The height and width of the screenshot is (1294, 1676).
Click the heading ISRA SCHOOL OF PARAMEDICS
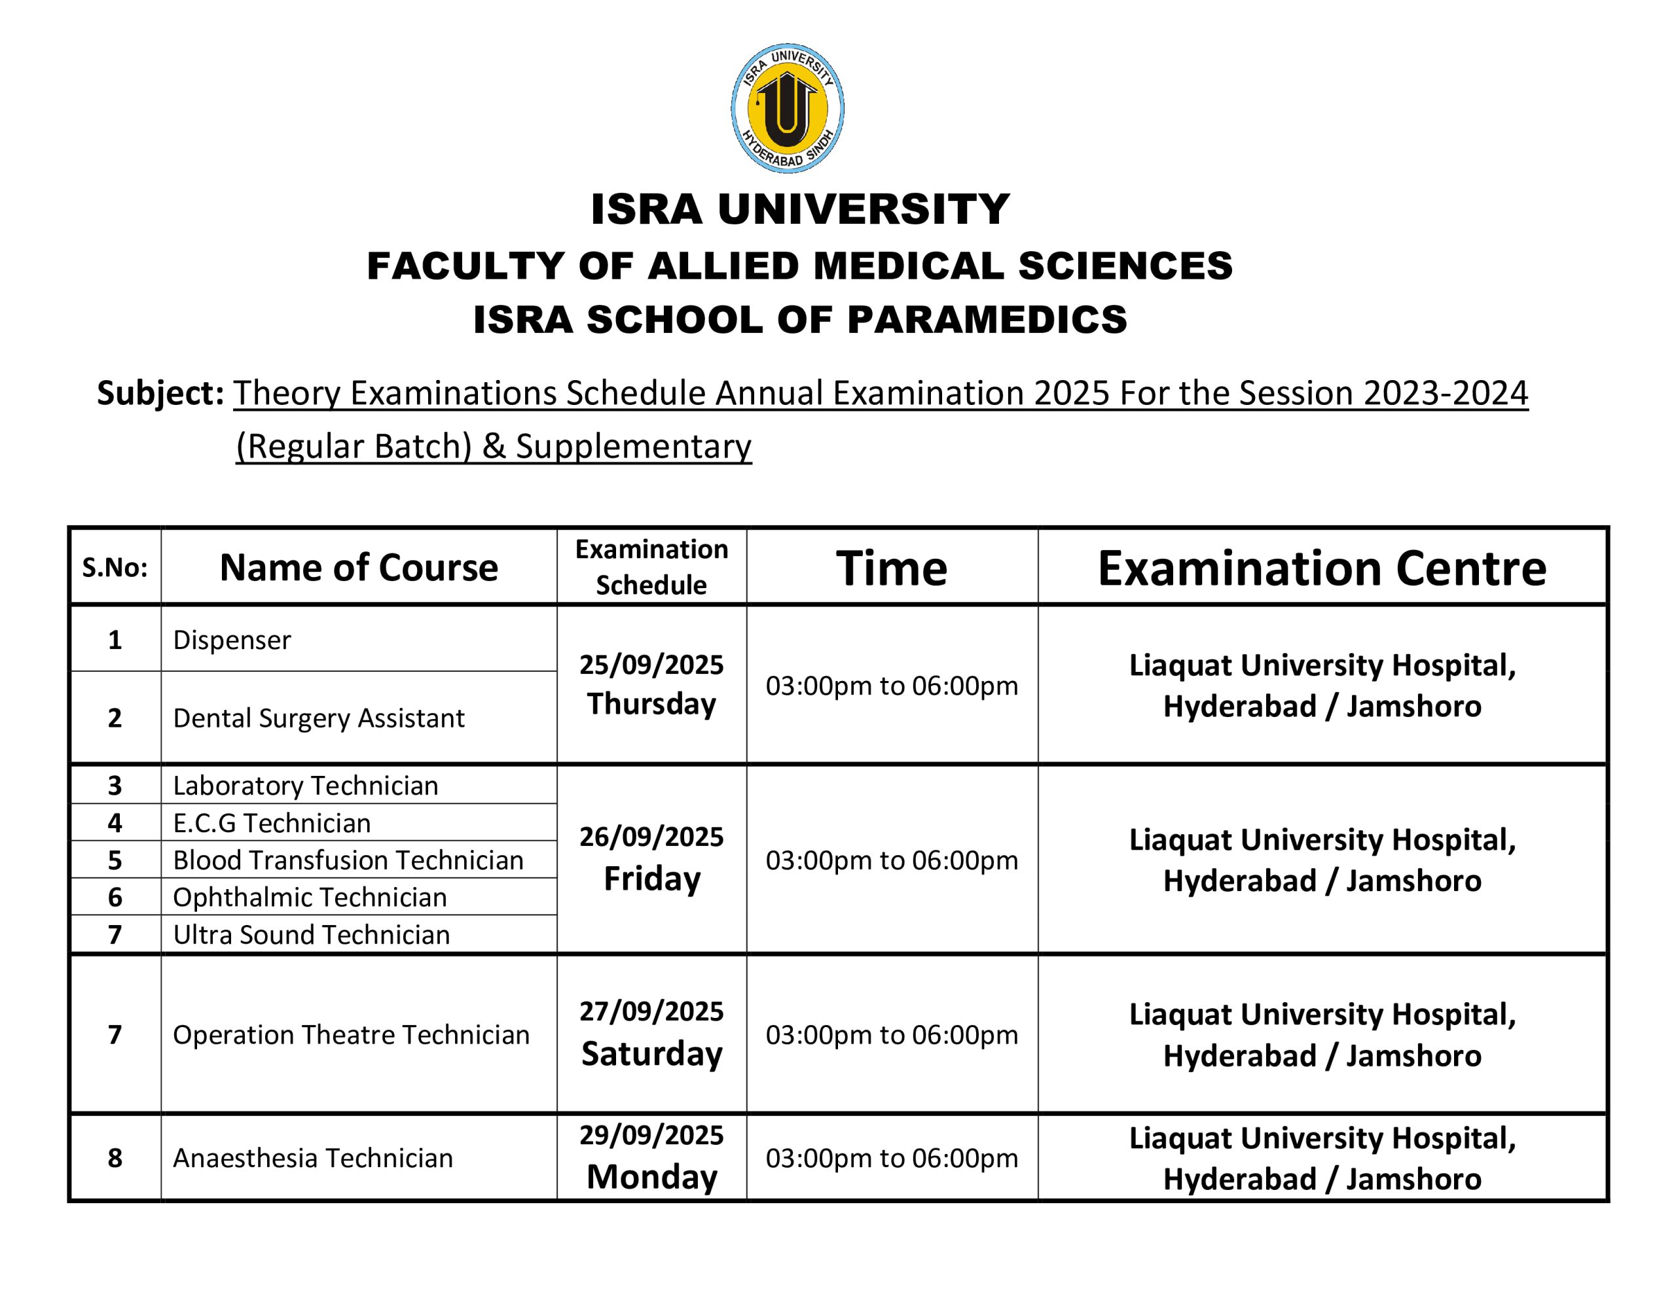799,319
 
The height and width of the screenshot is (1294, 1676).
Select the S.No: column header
115,568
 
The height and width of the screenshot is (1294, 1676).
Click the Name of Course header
358,568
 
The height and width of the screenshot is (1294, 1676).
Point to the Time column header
892,568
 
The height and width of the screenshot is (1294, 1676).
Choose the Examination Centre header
1321,568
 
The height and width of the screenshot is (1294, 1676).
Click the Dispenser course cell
232,640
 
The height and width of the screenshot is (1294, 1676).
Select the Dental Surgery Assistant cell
318,718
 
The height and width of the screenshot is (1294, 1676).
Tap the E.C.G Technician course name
272,823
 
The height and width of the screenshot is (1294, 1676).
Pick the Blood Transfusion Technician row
348,860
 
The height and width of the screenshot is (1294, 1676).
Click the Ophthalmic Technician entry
309,898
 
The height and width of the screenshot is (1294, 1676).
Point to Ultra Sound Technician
311,934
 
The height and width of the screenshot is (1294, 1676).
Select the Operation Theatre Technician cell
351,1035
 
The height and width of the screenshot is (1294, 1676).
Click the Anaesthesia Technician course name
312,1158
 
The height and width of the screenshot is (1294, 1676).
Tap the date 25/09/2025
651,664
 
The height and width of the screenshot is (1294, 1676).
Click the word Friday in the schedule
651,879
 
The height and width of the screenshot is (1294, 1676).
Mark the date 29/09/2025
651,1135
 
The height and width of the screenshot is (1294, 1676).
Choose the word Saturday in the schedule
651,1054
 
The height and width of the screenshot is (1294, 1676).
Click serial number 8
115,1158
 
